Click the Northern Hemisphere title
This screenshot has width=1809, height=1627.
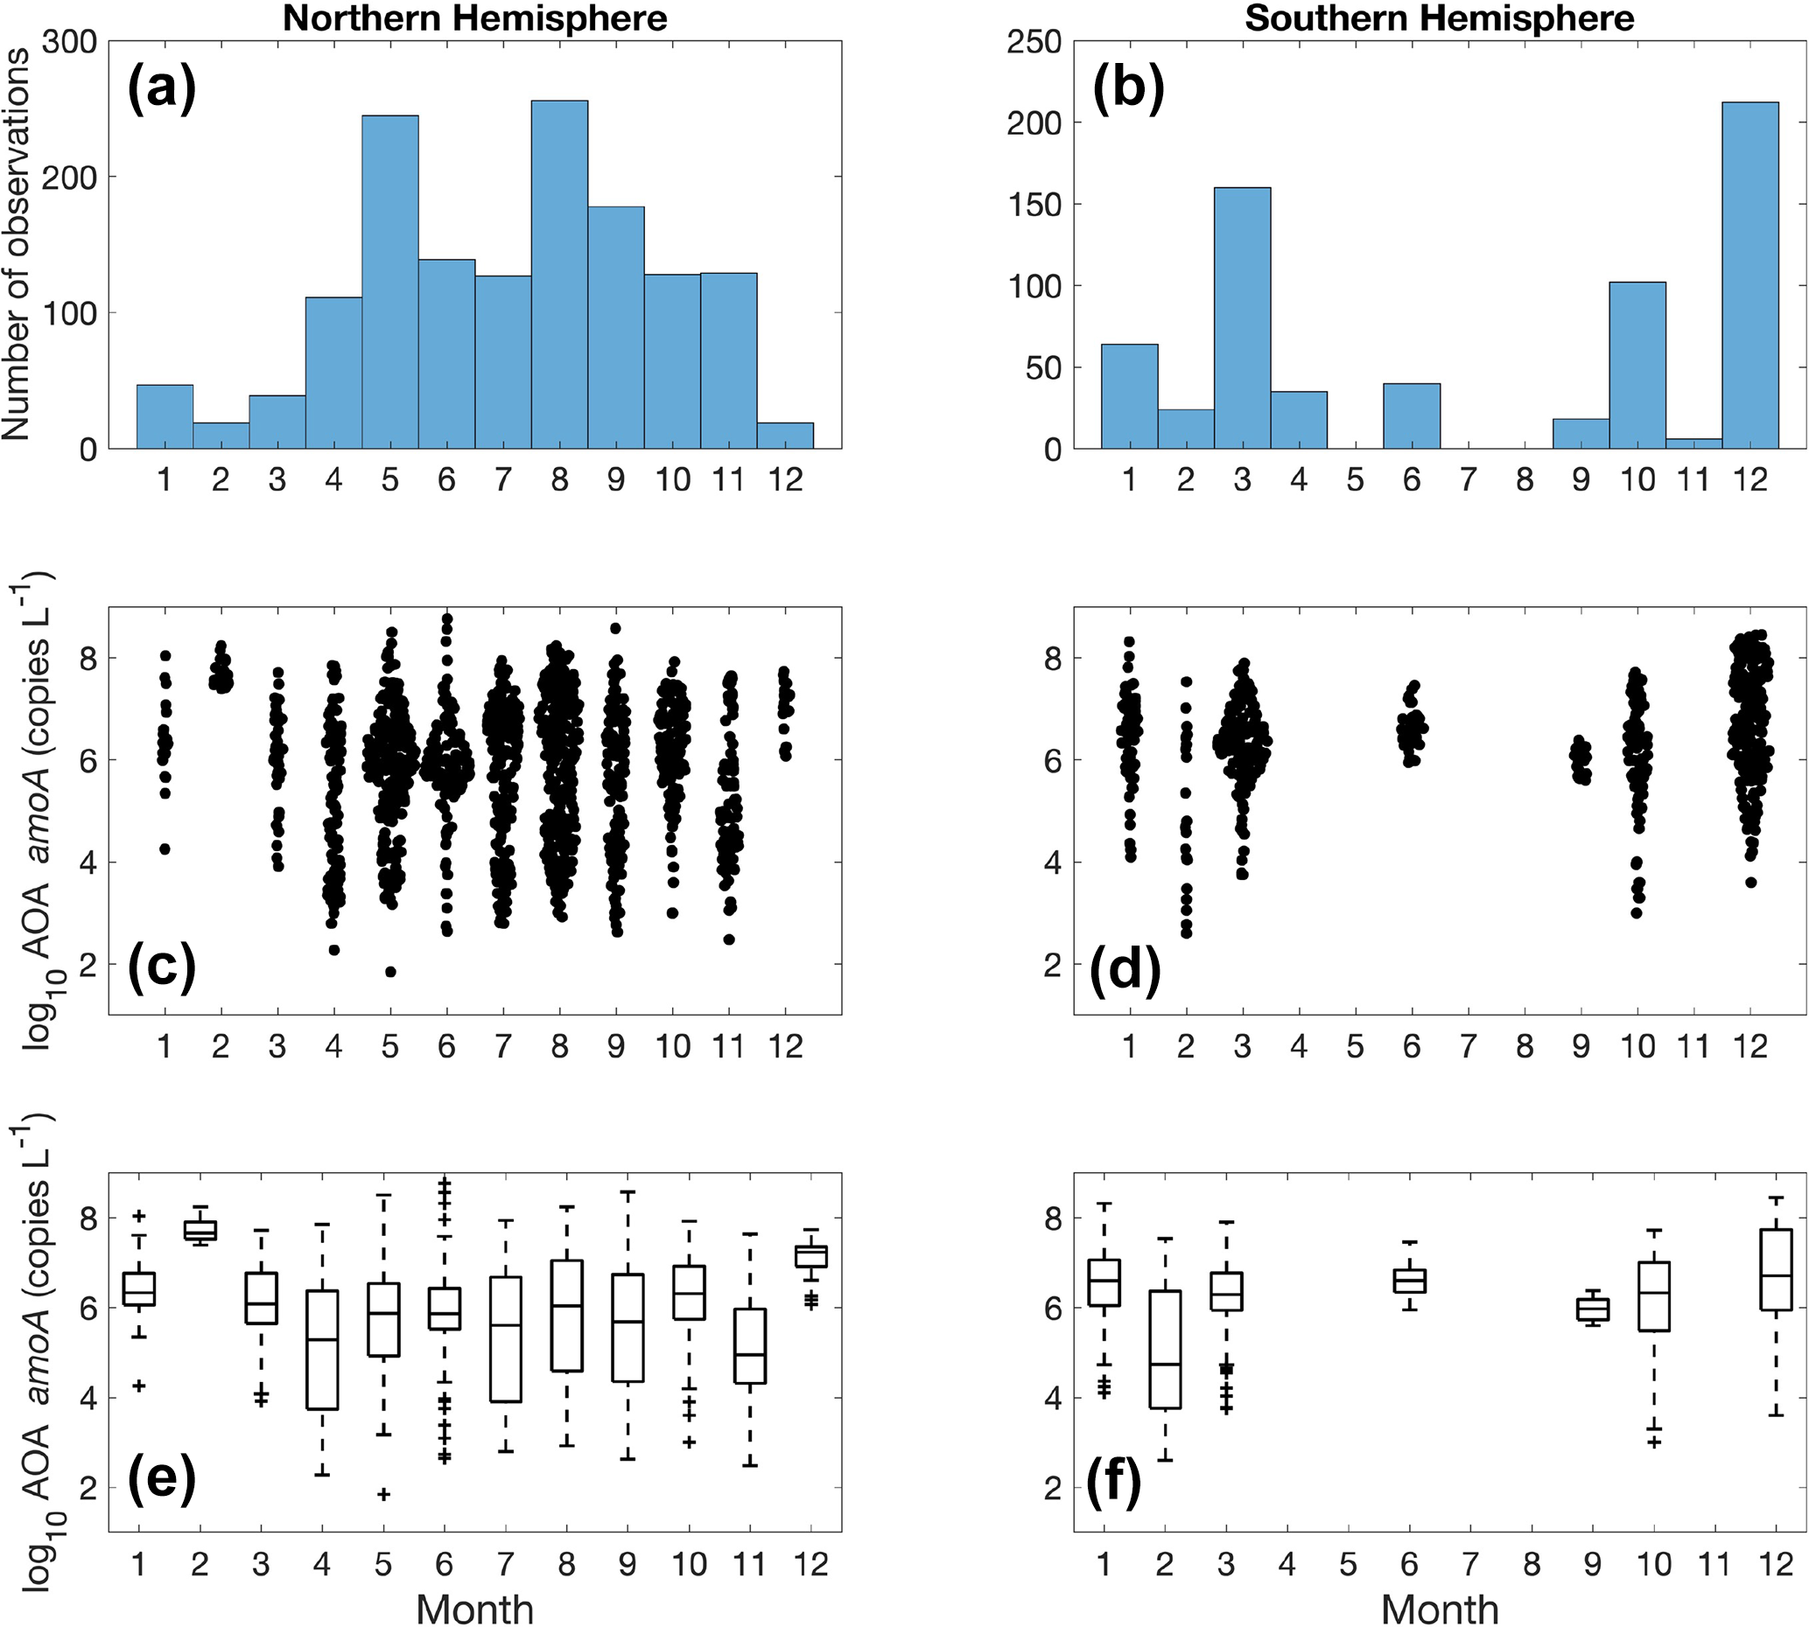coord(475,17)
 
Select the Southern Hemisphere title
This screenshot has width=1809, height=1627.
coord(1440,17)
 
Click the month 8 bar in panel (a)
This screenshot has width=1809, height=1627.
coord(560,274)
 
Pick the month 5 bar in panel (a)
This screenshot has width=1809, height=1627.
coord(389,282)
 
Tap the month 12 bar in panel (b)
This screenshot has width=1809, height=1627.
coord(1750,276)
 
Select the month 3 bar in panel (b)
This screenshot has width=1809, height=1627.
coord(1242,318)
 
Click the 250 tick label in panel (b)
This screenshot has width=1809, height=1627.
coord(1034,43)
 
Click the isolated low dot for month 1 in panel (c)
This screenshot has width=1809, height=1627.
coord(165,848)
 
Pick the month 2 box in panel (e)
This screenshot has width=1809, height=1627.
coord(200,1230)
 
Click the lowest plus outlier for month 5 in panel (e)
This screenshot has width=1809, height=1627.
coord(383,1494)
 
